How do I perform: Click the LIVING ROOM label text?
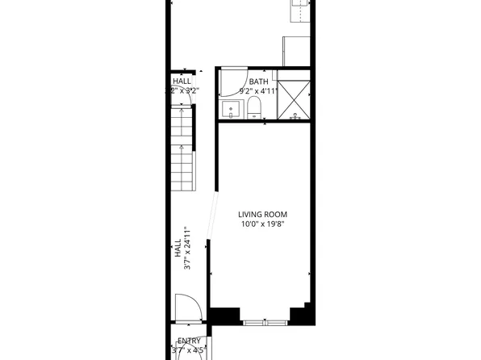[261, 214]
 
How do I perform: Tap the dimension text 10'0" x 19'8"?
[261, 224]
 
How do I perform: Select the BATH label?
[258, 82]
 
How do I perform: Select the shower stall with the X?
[294, 96]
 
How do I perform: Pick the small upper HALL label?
[182, 82]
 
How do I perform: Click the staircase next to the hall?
[184, 153]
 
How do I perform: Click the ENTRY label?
[189, 341]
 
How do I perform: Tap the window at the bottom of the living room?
[265, 322]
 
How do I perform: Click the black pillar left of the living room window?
[224, 316]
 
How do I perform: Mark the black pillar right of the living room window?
[303, 316]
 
